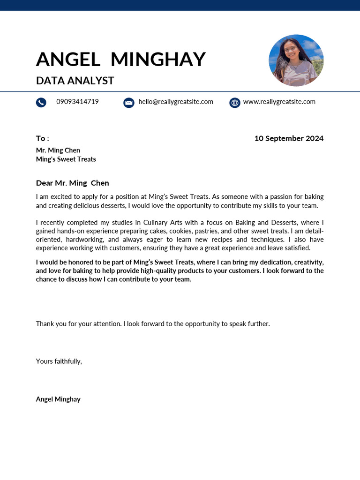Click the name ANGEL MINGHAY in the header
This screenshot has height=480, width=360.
[120, 60]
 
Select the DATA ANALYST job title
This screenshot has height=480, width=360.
[75, 81]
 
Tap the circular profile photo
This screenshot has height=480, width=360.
[296, 60]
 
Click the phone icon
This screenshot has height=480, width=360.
[41, 102]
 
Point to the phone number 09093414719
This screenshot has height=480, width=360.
[77, 102]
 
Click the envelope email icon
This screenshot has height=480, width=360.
[129, 103]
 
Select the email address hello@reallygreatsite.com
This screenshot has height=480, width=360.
[176, 102]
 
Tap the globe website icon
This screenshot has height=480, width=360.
[235, 103]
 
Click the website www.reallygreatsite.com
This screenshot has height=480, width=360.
[279, 102]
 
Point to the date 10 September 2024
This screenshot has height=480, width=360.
[289, 138]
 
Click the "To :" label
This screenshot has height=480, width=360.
[42, 138]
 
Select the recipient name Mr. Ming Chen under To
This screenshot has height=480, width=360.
[58, 150]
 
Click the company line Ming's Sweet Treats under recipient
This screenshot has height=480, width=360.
[66, 159]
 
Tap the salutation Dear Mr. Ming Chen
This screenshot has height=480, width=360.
[72, 183]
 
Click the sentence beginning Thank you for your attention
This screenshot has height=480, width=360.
[153, 324]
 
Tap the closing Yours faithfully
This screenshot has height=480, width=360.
[59, 361]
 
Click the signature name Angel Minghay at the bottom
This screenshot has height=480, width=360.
[58, 399]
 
